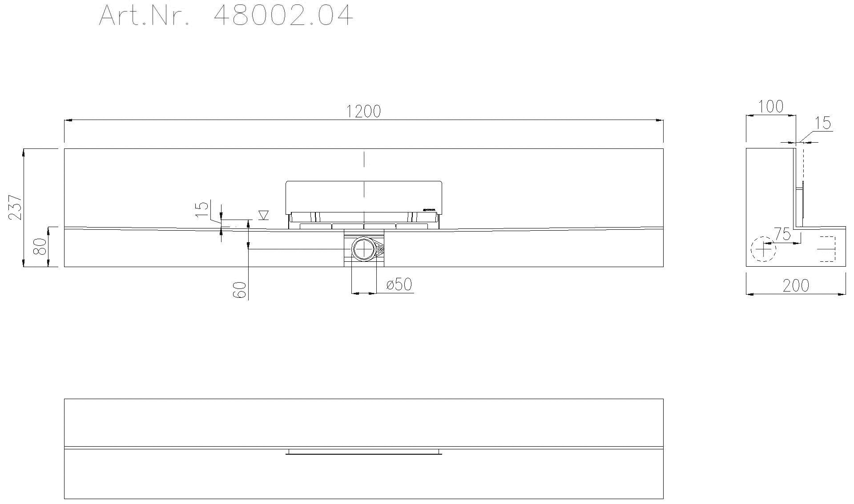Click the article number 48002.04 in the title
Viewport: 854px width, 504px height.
click(283, 16)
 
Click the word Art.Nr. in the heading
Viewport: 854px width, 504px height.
click(146, 16)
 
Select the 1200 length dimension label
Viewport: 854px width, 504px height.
click(363, 112)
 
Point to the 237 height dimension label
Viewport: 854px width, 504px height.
click(15, 207)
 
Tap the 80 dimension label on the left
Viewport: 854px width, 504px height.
click(40, 247)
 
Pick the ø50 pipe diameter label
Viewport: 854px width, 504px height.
click(399, 284)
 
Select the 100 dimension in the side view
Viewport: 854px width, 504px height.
click(770, 107)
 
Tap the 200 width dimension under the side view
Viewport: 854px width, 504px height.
click(796, 286)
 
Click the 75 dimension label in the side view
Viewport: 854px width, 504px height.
click(782, 234)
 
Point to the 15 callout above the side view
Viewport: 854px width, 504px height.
click(824, 123)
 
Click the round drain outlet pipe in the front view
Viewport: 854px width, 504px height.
click(364, 249)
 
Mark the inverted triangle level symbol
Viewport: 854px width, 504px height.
click(263, 216)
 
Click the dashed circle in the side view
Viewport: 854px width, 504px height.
click(763, 249)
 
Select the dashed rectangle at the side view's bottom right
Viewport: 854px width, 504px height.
click(827, 249)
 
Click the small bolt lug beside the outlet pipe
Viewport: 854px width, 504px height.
click(381, 250)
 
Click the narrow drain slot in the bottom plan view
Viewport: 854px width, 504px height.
click(363, 452)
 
